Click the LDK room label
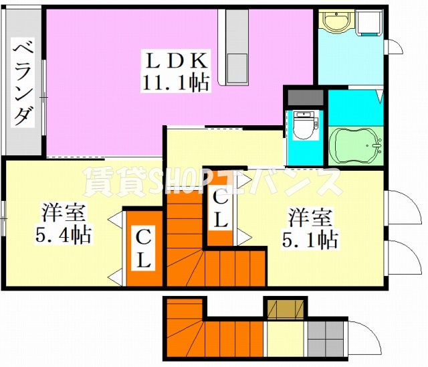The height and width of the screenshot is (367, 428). click(175, 60)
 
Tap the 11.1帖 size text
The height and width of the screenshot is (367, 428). click(175, 82)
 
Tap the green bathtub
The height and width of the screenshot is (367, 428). click(355, 145)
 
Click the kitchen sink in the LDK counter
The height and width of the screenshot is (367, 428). click(237, 67)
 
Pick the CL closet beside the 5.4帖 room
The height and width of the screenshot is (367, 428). click(142, 248)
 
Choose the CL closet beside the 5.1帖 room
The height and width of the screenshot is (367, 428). click(220, 208)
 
